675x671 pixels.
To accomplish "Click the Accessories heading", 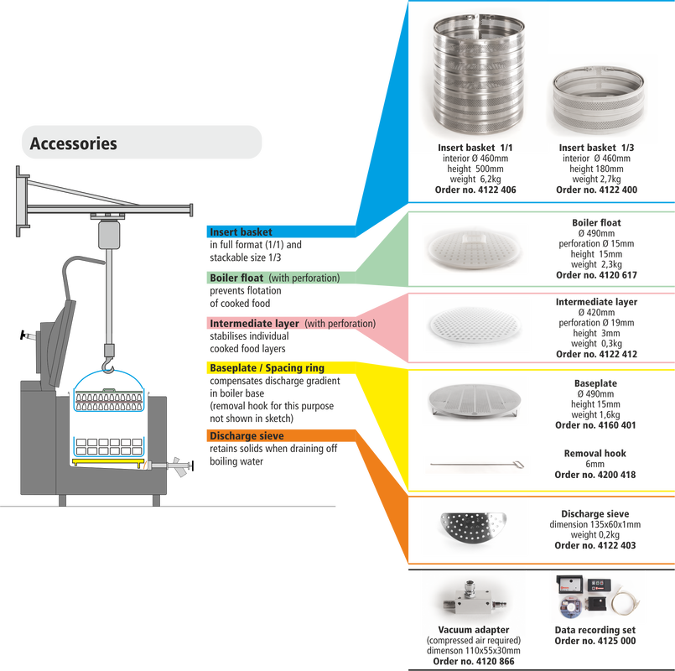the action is [73, 143].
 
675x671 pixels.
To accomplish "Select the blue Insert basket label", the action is [241, 231].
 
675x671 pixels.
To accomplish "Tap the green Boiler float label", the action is [236, 278].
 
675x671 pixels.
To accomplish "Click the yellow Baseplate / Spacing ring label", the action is [267, 368].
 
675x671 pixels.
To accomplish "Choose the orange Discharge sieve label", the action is [247, 436].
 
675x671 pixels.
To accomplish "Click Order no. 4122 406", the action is [475, 190].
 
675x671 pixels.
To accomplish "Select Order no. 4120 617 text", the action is [596, 275].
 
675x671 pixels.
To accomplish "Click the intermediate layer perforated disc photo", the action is [475, 325].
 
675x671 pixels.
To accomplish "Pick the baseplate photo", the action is [475, 401].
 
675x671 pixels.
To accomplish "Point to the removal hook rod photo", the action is [477, 465].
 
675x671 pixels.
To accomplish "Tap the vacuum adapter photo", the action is [475, 600].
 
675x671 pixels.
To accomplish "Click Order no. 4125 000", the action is [595, 641].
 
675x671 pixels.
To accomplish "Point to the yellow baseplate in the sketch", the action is [108, 462].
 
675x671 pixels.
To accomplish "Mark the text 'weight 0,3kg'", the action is [596, 344].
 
